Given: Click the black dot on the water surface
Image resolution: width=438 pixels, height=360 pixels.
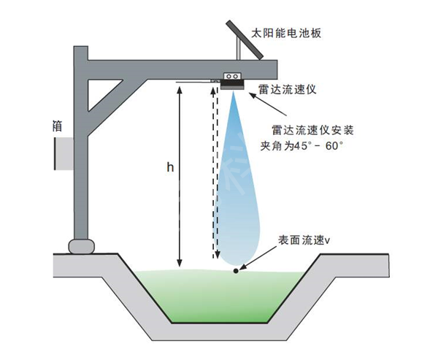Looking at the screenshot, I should (x=235, y=271).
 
